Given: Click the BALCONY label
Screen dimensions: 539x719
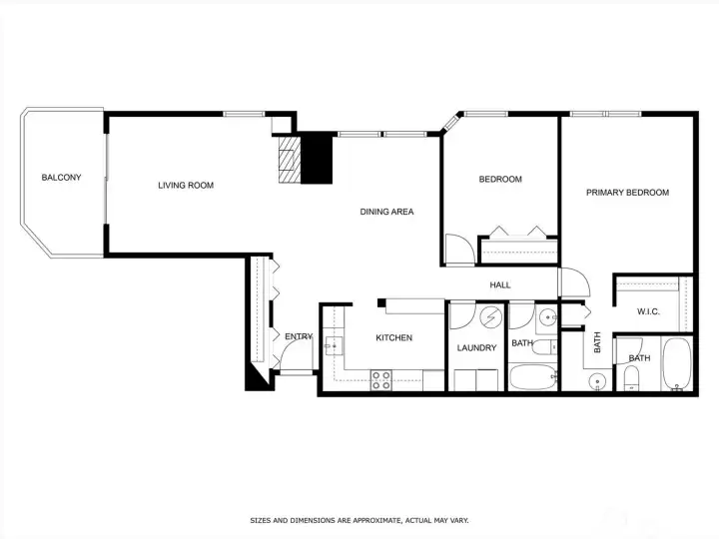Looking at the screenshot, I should (61, 178).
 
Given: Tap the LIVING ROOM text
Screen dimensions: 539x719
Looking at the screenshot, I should (186, 185).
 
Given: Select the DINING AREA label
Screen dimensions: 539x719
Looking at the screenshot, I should (386, 212).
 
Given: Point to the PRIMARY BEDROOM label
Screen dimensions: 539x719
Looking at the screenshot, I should (627, 193).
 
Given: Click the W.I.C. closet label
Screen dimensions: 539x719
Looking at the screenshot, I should (648, 312).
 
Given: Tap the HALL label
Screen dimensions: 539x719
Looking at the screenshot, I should (500, 285).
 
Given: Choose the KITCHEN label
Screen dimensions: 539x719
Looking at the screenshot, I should (393, 338).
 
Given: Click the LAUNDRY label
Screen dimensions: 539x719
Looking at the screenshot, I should (476, 348).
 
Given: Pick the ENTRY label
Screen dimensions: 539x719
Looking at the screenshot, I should (298, 337).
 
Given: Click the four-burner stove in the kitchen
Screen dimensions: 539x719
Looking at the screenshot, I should (381, 379).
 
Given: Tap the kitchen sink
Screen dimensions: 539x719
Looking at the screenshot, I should (333, 345).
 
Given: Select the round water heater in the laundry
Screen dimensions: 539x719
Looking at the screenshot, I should (490, 317).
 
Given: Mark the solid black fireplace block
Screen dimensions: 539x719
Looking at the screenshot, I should (316, 160).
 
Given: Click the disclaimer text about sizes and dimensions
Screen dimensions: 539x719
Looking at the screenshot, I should (359, 520).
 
